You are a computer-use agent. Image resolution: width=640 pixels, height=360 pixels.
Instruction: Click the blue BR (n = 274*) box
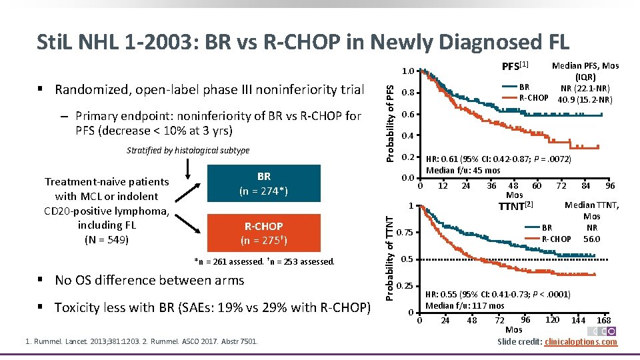click(x=263, y=184)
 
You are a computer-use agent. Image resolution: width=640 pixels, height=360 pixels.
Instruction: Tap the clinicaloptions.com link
click(x=581, y=342)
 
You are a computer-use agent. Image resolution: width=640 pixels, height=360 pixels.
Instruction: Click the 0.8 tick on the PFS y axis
click(x=409, y=93)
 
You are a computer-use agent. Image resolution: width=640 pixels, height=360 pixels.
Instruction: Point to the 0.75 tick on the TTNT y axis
click(x=404, y=233)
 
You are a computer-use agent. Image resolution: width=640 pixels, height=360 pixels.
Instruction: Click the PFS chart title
click(x=514, y=66)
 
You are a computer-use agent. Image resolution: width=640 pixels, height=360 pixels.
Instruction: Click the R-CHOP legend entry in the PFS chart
click(x=533, y=97)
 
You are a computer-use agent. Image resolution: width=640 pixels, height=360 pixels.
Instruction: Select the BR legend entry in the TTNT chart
click(x=547, y=228)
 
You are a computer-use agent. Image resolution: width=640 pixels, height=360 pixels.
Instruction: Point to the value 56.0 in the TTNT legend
click(x=591, y=239)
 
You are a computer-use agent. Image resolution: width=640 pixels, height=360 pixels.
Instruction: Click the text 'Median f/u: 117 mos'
click(x=464, y=306)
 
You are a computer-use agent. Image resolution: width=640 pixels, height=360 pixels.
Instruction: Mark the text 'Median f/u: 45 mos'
click(x=463, y=170)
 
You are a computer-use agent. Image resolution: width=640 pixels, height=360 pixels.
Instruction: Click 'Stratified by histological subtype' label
click(x=188, y=151)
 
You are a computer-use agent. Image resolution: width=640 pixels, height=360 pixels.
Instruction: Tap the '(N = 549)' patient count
click(x=107, y=239)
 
